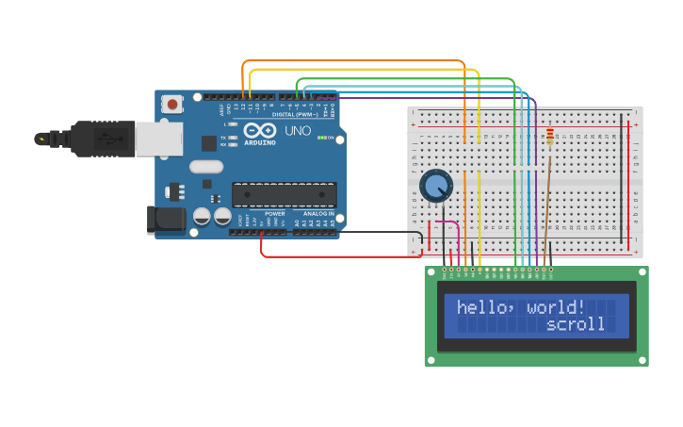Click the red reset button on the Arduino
tap(172, 104)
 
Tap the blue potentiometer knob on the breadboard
tap(436, 186)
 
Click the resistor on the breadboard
tap(550, 138)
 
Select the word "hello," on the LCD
tap(486, 307)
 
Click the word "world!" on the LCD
tap(557, 307)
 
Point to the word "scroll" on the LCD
tap(576, 324)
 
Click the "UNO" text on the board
tap(298, 131)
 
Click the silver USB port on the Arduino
tap(158, 139)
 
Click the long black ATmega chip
tap(284, 194)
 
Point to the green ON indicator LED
tap(322, 138)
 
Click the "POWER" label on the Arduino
tap(274, 213)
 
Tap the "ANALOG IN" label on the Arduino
tap(317, 213)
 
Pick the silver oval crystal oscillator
tap(206, 167)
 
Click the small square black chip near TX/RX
tap(209, 143)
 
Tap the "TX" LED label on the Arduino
tap(222, 138)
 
